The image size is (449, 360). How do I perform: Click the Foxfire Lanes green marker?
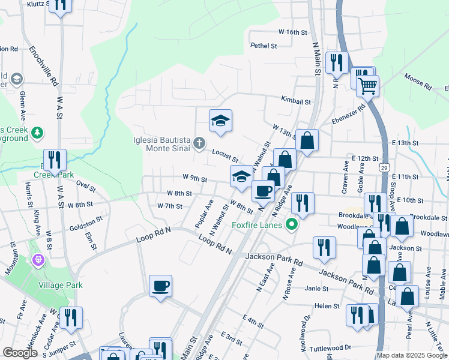pyautogui.click(x=292, y=226)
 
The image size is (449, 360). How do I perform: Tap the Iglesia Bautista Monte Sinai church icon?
pyautogui.click(x=200, y=143)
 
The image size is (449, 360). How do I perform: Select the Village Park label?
pyautogui.click(x=61, y=285)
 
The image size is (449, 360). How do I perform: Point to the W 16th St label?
pyautogui.click(x=292, y=32)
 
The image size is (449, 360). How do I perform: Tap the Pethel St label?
pyautogui.click(x=264, y=45)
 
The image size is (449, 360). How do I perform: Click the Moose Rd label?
pyautogui.click(x=418, y=82)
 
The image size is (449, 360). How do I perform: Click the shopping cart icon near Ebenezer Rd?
pyautogui.click(x=367, y=85)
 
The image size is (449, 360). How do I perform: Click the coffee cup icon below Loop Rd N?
pyautogui.click(x=160, y=286)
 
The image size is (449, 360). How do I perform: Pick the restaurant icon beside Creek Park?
pyautogui.click(x=55, y=160)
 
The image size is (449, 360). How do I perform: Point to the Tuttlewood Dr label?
pyautogui.click(x=330, y=347)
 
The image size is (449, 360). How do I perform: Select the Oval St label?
pyautogui.click(x=86, y=187)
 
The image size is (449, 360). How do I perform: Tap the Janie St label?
pyautogui.click(x=317, y=289)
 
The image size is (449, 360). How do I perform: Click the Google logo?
pyautogui.click(x=20, y=353)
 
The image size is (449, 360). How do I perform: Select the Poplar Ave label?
pyautogui.click(x=204, y=214)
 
